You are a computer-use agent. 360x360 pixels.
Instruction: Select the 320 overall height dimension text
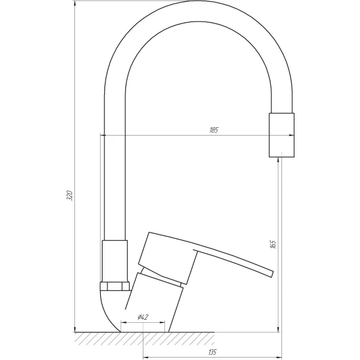[x=70, y=196]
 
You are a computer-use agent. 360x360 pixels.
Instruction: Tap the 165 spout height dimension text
[x=273, y=244]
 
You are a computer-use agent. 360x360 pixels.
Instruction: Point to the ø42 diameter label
[x=143, y=317]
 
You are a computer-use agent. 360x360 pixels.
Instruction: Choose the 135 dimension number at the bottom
[x=213, y=352]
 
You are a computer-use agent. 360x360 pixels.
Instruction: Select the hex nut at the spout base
[x=114, y=286]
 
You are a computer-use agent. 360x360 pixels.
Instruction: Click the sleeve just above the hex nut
[x=115, y=259]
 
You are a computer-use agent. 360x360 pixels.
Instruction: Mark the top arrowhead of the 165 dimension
[x=280, y=161]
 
